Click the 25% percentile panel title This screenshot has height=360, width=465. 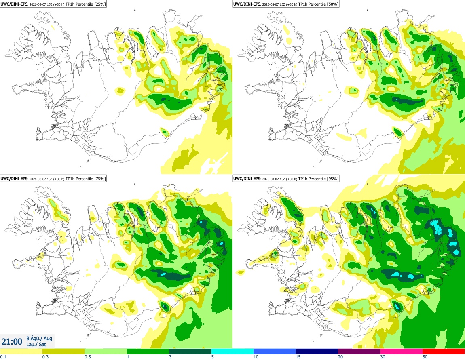click(53, 4)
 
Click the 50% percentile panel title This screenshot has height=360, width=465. click(286, 4)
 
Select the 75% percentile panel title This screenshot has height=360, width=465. click(53, 179)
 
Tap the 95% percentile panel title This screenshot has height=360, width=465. click(286, 179)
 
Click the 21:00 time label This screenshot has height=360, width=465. click(12, 342)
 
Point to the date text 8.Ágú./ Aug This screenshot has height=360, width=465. click(39, 338)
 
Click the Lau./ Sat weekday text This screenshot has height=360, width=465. click(36, 344)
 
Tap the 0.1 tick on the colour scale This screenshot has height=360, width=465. click(3, 357)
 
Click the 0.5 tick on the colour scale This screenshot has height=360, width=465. click(88, 357)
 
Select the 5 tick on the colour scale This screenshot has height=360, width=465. click(213, 357)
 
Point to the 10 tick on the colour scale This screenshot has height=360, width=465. click(256, 357)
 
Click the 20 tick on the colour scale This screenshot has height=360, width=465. click(340, 357)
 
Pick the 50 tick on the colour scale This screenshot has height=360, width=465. click(425, 357)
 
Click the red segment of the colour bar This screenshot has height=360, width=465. click(444, 352)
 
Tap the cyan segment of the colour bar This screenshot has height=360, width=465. click(232, 352)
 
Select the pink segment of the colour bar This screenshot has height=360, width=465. click(401, 352)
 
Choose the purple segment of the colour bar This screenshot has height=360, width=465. click(359, 352)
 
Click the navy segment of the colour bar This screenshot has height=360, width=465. click(317, 352)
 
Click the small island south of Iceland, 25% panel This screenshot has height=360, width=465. click(88, 161)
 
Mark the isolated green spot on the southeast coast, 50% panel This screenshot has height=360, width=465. click(397, 132)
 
